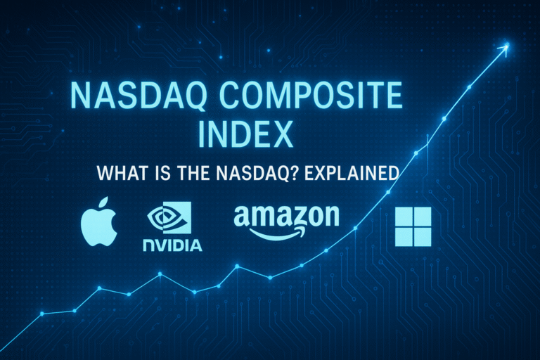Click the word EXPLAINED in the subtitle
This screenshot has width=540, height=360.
347,172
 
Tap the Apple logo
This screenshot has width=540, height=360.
98,229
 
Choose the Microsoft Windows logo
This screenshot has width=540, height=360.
413,226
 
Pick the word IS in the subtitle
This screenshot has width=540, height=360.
205,172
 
